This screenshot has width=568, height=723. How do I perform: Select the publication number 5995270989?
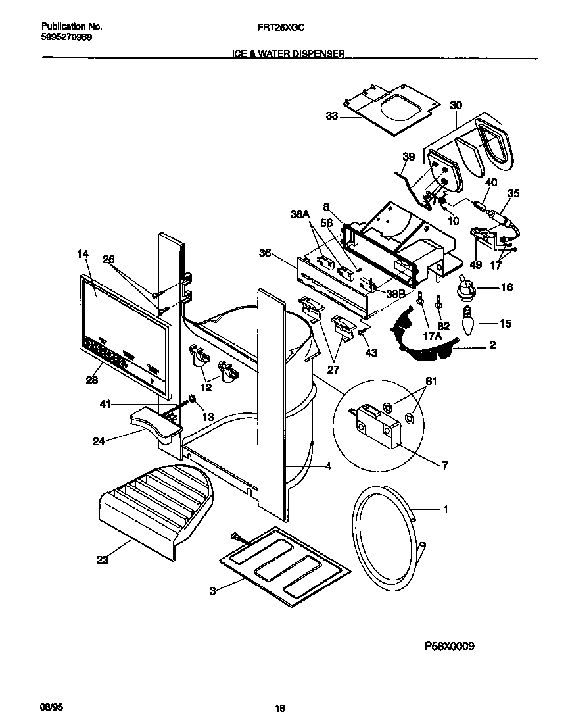tap(66, 37)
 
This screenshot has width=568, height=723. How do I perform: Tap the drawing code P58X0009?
tap(449, 645)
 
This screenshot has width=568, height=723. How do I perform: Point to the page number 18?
tap(280, 709)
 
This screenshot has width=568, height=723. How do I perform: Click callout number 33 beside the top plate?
tap(331, 116)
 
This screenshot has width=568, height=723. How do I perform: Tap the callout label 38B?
tap(394, 296)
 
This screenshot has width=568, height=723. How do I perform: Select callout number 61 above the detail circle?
tap(431, 381)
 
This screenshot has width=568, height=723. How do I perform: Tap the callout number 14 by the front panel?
tap(82, 253)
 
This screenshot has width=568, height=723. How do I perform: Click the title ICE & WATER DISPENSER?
tap(289, 55)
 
